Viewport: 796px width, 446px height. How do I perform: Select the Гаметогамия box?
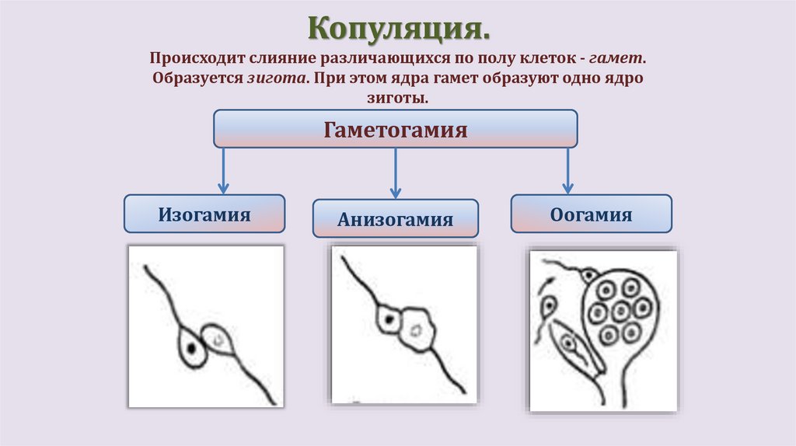[395, 129]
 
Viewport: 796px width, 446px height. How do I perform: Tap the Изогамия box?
[204, 214]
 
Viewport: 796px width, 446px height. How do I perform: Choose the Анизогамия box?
[395, 219]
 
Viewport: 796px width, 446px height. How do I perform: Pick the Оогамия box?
[591, 214]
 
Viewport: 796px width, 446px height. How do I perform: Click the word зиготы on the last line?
[397, 99]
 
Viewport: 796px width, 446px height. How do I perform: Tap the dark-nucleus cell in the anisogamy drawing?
[386, 319]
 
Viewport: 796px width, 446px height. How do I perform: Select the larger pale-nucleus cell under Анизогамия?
[417, 329]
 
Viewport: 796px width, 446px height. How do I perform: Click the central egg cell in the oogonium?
[619, 312]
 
